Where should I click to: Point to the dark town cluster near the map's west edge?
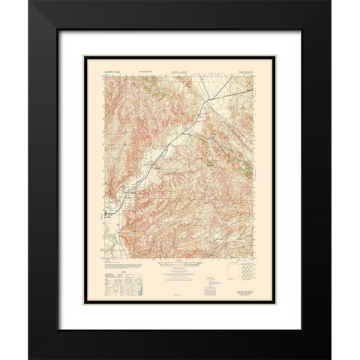click(x=110, y=213)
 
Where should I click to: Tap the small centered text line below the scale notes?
click(x=179, y=294)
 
